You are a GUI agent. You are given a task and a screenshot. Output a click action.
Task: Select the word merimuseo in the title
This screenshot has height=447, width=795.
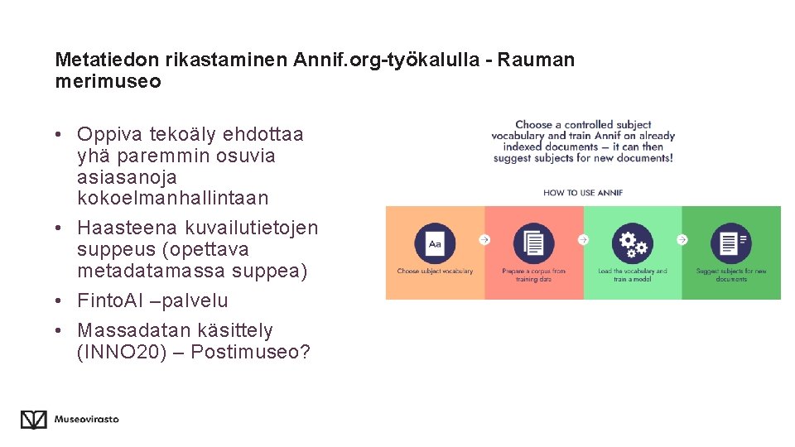coord(108,81)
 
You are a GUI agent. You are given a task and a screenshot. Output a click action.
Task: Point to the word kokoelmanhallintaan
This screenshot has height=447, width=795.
coord(172,198)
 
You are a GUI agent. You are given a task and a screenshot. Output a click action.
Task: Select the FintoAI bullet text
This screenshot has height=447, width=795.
coord(152,300)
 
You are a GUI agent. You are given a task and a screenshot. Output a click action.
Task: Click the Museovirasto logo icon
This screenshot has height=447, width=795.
coord(33,420)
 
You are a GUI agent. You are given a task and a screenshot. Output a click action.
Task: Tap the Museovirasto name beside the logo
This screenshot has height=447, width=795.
coord(86,419)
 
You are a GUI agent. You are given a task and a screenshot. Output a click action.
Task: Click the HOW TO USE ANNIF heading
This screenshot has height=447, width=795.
coord(582,193)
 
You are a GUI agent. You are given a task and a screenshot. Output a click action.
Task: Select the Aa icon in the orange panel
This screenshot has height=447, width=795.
coord(435,243)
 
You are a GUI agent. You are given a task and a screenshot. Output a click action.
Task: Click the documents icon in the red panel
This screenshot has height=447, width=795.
coord(533,243)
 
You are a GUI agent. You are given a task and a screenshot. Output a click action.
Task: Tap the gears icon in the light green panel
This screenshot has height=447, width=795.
coord(633,243)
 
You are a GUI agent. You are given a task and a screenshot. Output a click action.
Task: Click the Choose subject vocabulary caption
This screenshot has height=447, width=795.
coord(435,272)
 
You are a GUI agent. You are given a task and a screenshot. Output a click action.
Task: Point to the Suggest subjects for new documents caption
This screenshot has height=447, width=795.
coord(731,275)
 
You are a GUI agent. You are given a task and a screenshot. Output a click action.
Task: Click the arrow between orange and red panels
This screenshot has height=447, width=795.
coord(484,240)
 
